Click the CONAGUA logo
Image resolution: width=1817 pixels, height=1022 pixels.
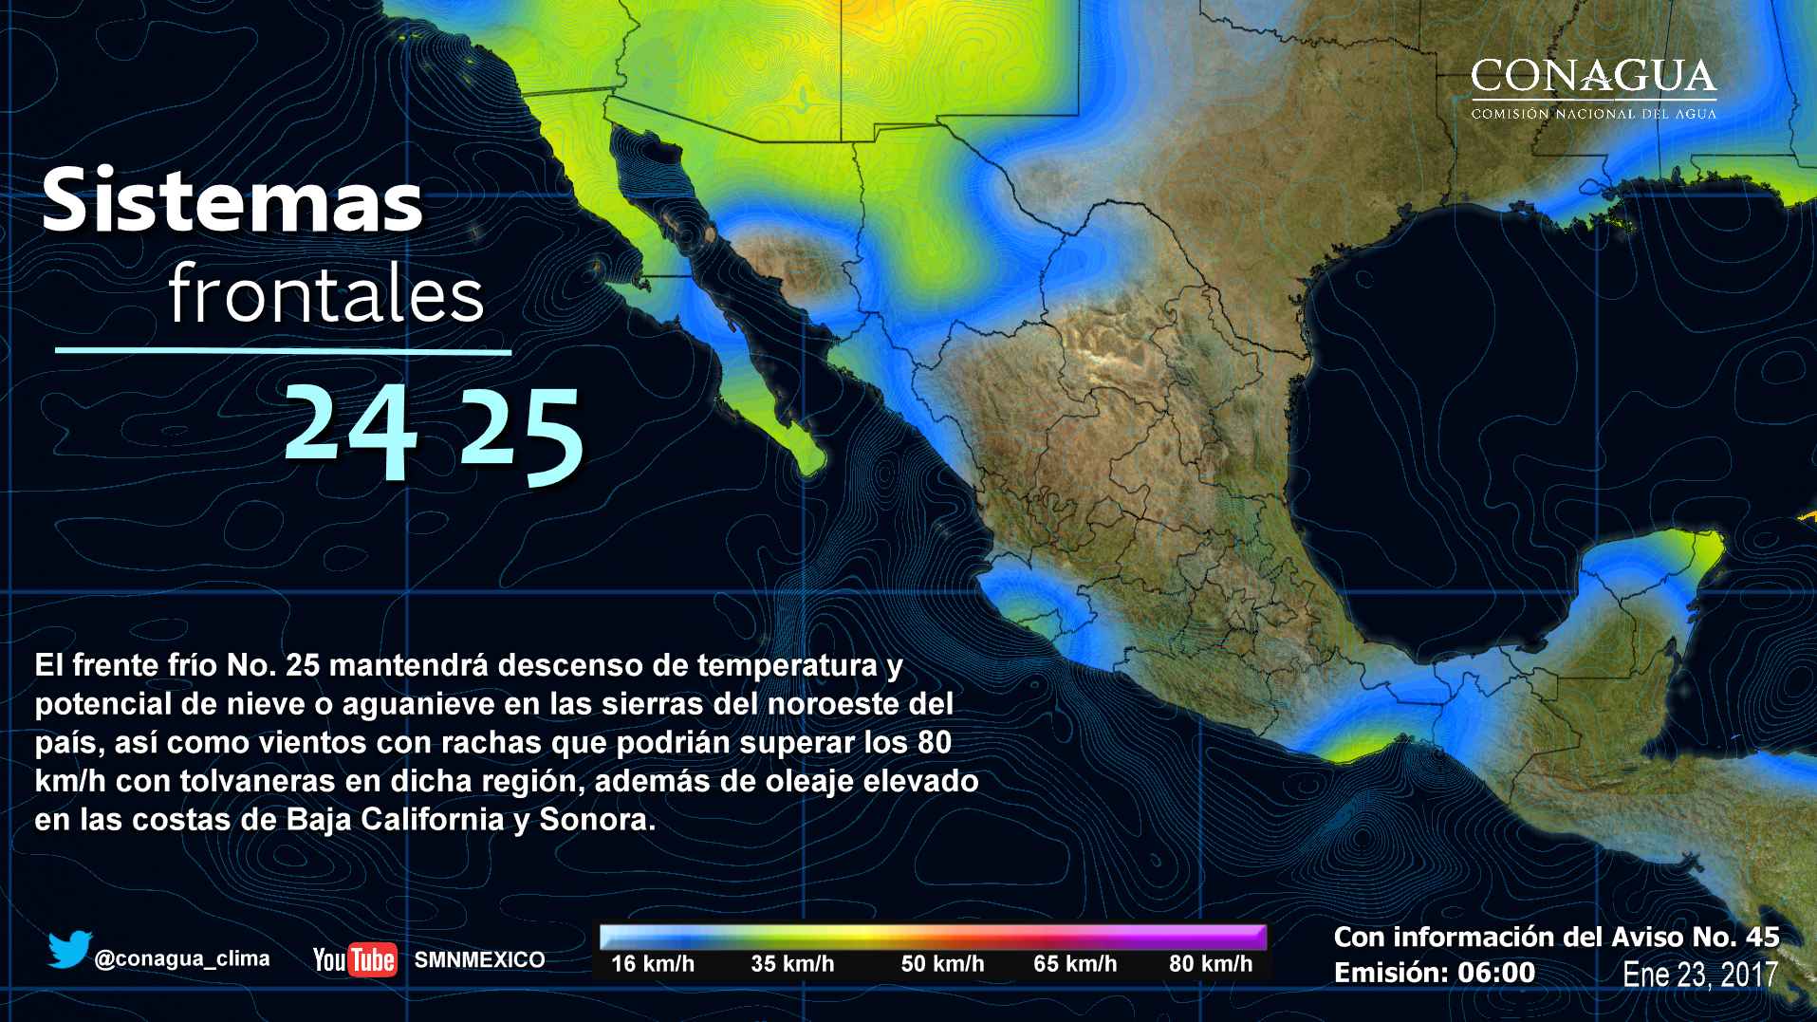coord(1593,88)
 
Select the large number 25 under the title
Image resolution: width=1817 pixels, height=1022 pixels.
coord(519,434)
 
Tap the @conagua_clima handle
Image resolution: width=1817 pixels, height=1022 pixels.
coord(182,958)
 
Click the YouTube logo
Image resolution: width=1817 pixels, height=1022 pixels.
coord(355,959)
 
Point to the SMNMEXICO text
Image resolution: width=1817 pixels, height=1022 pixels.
coord(479,959)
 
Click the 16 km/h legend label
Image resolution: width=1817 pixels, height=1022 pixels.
coord(653,964)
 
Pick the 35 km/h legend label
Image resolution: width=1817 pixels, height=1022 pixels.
coord(792,964)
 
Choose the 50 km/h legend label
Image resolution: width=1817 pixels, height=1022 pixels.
coord(942,964)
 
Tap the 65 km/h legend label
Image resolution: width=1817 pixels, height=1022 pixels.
coord(1075,964)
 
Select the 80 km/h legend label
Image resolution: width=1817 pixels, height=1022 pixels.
coord(1211,964)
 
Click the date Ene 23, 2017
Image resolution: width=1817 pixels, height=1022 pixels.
coord(1700,975)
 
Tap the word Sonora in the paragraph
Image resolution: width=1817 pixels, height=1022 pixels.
coord(597,820)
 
